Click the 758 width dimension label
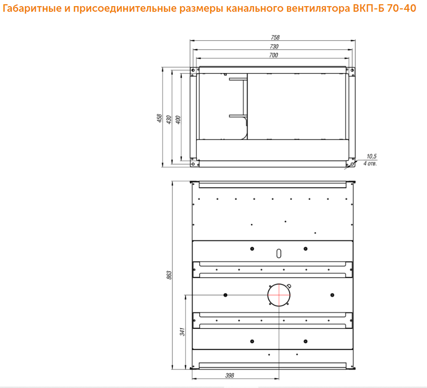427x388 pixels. [x=275, y=37]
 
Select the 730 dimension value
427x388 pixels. [x=274, y=47]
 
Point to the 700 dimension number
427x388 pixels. [x=273, y=55]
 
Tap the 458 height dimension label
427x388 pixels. [x=159, y=118]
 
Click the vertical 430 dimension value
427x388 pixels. [x=169, y=120]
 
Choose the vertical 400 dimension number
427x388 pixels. [x=178, y=120]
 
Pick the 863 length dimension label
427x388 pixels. [x=169, y=275]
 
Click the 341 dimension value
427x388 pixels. [x=182, y=332]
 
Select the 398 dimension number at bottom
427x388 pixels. [x=230, y=375]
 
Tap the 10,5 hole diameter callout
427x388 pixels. [x=372, y=156]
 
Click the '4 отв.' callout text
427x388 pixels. [x=370, y=164]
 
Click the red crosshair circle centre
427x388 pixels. [x=279, y=295]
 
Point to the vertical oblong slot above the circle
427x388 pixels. [x=279, y=253]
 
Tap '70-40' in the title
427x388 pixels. [x=402, y=8]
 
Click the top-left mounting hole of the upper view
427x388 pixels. [x=193, y=71]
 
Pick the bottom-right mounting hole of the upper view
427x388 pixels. [x=352, y=164]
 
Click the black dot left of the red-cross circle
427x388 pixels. [x=225, y=295]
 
